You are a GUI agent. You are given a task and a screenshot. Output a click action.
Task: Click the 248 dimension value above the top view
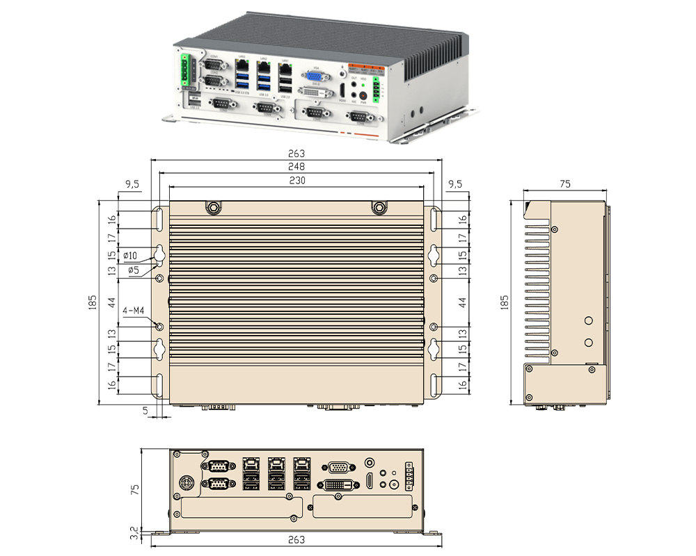pyautogui.click(x=297, y=167)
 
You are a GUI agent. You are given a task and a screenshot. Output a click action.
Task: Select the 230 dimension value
pyautogui.click(x=297, y=180)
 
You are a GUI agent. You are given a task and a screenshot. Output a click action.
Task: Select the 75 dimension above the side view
pyautogui.click(x=565, y=184)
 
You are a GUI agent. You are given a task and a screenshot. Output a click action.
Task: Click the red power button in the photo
pyautogui.click(x=362, y=97)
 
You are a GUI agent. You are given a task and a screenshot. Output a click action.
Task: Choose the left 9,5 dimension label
pyautogui.click(x=132, y=185)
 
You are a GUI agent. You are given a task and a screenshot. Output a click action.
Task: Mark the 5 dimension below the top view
pyautogui.click(x=145, y=410)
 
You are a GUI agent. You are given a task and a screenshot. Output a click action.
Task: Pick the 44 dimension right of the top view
pyautogui.click(x=463, y=302)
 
